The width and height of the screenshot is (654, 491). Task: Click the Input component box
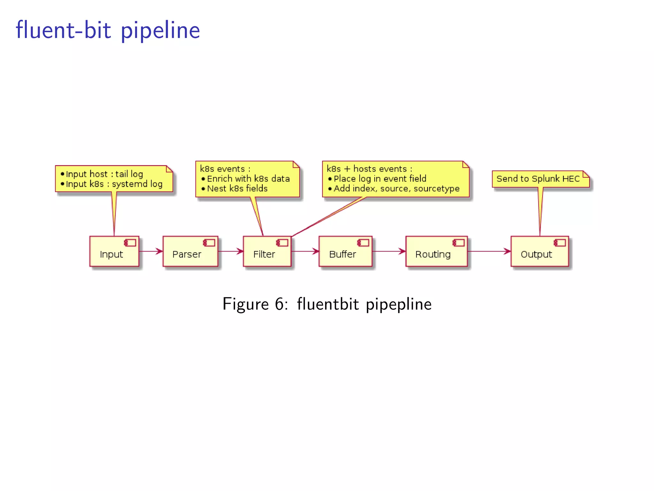114,252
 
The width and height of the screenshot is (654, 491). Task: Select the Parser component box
190,252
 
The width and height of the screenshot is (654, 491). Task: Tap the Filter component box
267,252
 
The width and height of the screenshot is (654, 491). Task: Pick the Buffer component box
345,252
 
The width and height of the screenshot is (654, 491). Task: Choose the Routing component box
436,252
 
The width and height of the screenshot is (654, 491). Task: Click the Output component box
540,252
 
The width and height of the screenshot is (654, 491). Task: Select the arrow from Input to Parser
151,251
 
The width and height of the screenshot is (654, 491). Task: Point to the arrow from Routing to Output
489,251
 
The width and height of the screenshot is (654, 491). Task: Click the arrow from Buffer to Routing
389,251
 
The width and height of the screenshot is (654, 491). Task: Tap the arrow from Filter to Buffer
305,251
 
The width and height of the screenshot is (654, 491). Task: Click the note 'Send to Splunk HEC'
538,179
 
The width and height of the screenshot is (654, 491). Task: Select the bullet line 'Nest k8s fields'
237,189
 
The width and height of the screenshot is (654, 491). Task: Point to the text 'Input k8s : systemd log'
114,184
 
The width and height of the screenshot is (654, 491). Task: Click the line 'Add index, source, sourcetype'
396,189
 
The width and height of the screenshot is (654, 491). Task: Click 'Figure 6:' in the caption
255,304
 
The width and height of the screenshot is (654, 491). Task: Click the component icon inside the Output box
560,243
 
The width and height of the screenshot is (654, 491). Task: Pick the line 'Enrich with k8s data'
248,179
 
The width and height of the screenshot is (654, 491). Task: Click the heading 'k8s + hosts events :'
369,169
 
